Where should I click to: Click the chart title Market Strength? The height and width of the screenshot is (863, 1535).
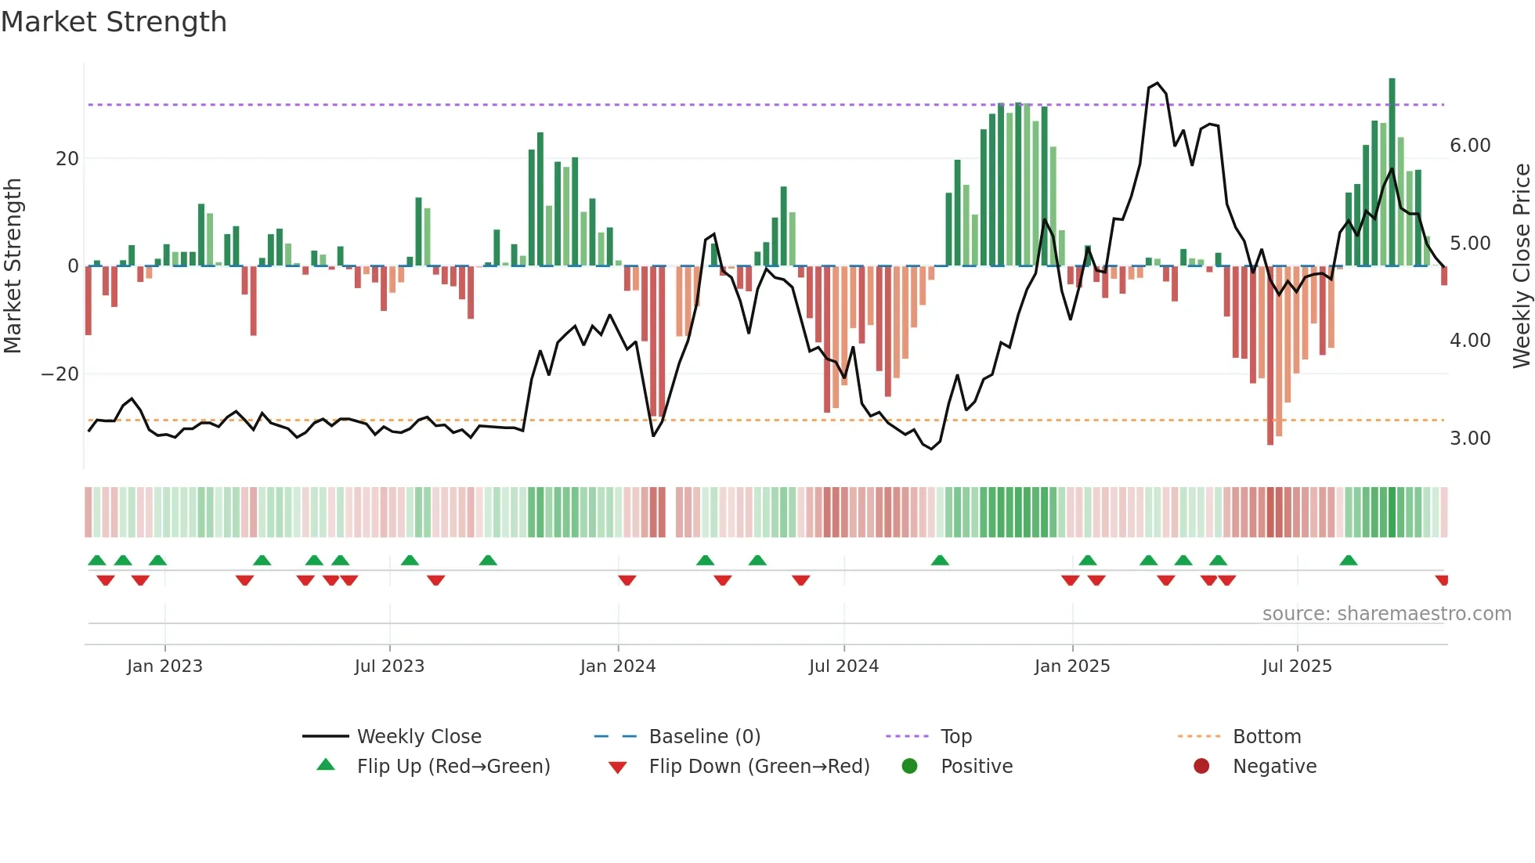coord(114,22)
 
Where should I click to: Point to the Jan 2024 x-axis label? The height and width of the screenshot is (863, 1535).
coord(617,666)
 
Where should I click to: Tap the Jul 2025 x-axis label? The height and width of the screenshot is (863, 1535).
coord(1296,666)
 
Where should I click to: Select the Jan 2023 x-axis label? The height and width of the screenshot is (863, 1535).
coord(164,666)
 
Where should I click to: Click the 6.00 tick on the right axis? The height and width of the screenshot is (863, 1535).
coord(1470,146)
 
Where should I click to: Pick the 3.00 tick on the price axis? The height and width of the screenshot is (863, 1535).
coord(1470,439)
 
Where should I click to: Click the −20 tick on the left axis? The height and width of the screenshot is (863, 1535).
coord(60,374)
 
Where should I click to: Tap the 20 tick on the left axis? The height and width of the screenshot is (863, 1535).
coord(67,159)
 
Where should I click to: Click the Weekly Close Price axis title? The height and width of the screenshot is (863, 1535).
coord(1521,266)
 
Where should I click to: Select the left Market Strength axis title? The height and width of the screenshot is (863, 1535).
coord(13,266)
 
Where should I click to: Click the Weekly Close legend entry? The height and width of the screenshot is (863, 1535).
coord(418,737)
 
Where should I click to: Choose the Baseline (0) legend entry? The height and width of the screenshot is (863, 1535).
coord(704,737)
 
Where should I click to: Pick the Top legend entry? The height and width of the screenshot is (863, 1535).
coord(955,737)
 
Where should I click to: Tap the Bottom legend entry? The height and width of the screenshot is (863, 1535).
coord(1266,737)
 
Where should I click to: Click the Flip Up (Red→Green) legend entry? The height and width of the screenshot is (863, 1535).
coord(453,767)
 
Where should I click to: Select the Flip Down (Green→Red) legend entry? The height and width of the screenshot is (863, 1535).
coord(759,767)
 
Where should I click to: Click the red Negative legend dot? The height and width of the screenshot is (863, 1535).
coord(1201,766)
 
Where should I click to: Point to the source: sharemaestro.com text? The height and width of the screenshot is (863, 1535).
coord(1386,614)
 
